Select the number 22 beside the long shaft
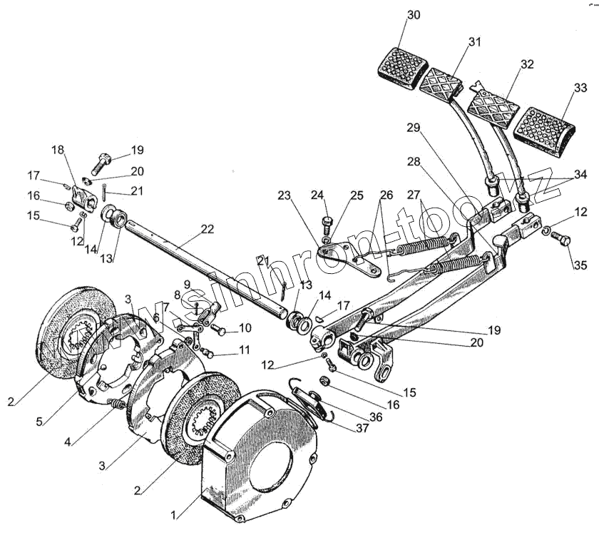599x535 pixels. (x=207, y=229)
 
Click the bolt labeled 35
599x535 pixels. (x=563, y=242)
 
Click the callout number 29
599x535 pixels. (x=414, y=128)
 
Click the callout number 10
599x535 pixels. (x=245, y=328)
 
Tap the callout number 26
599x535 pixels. (x=386, y=195)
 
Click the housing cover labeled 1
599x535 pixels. (x=260, y=457)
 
